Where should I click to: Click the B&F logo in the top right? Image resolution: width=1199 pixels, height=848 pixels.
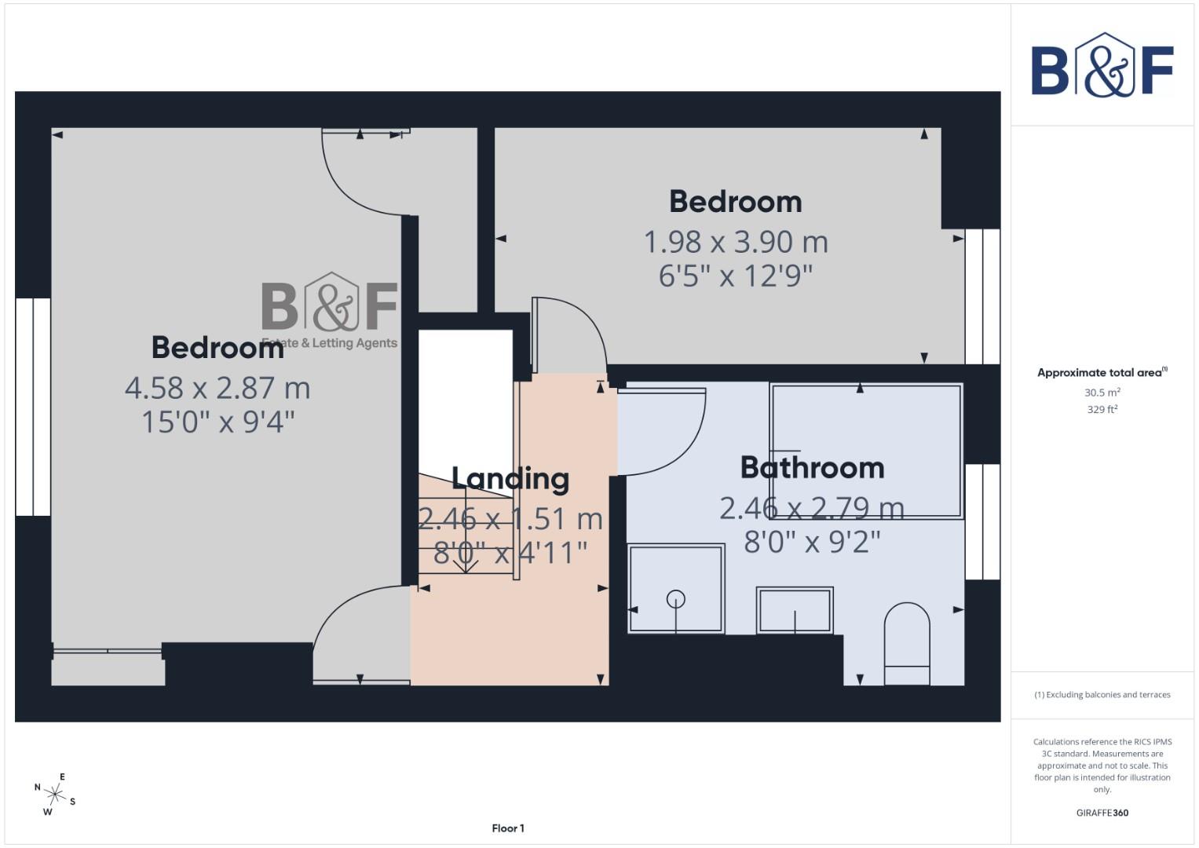1102,66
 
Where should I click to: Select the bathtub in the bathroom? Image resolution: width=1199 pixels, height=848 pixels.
866,451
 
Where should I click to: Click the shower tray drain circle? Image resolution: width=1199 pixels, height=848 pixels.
675,599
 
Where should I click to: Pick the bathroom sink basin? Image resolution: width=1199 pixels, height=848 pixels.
794,610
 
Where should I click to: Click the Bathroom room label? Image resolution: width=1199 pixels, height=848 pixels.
812,468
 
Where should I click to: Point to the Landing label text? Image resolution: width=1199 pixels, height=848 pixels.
510,479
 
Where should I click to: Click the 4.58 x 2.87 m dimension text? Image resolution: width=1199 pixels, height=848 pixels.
218,388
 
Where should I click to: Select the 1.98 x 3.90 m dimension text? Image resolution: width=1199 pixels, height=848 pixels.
736,242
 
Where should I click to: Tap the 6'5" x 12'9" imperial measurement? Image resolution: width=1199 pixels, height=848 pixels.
736,276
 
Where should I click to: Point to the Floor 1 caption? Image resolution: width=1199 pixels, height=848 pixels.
508,828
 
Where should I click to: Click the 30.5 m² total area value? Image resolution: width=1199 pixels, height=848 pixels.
1102,393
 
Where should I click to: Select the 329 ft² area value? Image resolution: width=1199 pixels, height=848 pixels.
1102,410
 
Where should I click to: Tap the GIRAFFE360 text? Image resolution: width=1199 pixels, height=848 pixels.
1102,813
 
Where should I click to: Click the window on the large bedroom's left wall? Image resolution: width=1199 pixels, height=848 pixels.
33,407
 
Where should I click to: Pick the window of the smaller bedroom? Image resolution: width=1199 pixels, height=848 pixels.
981,296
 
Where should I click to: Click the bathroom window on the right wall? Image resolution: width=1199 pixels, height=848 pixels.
981,521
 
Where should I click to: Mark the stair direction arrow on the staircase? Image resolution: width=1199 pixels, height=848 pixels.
466,562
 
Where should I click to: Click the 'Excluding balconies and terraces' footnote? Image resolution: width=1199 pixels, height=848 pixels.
1102,695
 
